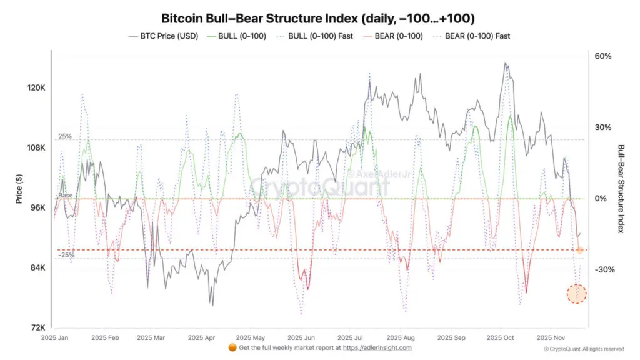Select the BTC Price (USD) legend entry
pyautogui.click(x=163, y=36)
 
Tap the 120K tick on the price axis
pyautogui.click(x=35, y=88)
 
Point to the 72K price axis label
pyautogui.click(x=36, y=327)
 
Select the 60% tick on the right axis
pyautogui.click(x=602, y=56)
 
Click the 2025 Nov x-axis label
pyautogui.click(x=551, y=337)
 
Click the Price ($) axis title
pyautogui.click(x=19, y=187)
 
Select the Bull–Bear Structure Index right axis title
pyautogui.click(x=621, y=189)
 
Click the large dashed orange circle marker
pyautogui.click(x=577, y=293)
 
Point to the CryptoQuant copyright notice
pyautogui.click(x=583, y=349)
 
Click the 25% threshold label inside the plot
pyautogui.click(x=66, y=136)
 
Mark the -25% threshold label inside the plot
pyautogui.click(x=67, y=255)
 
